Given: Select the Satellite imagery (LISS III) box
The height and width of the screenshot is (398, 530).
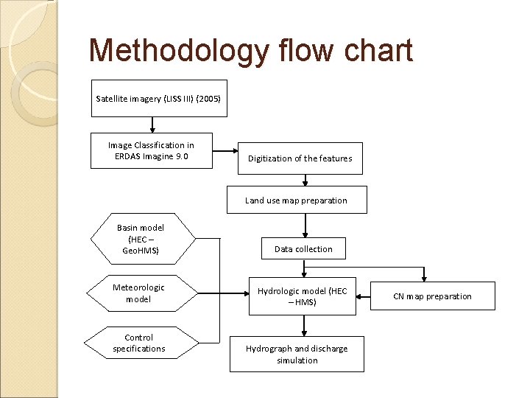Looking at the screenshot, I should [158, 98].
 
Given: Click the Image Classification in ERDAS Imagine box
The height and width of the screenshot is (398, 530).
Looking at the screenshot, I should [151, 150].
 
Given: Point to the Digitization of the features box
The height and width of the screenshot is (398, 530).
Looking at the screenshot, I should [300, 158].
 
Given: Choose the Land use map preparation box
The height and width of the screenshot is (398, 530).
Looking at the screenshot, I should [296, 200].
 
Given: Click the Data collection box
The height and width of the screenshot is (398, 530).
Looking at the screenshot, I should [303, 249].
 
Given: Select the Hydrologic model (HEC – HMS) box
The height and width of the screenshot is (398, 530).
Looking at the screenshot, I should [302, 296].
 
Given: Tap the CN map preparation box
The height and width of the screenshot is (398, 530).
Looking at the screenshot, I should [432, 296].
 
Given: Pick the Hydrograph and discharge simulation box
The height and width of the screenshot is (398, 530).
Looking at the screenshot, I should [297, 355].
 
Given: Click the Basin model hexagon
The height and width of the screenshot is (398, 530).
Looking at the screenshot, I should [141, 239].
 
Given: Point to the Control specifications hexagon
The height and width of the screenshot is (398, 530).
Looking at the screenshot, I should [139, 343].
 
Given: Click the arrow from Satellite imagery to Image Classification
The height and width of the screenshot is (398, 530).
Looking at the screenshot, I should [152, 125].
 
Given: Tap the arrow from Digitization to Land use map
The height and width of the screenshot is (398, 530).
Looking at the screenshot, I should [305, 181].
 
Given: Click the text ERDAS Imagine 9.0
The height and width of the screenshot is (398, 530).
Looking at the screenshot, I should [151, 156].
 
